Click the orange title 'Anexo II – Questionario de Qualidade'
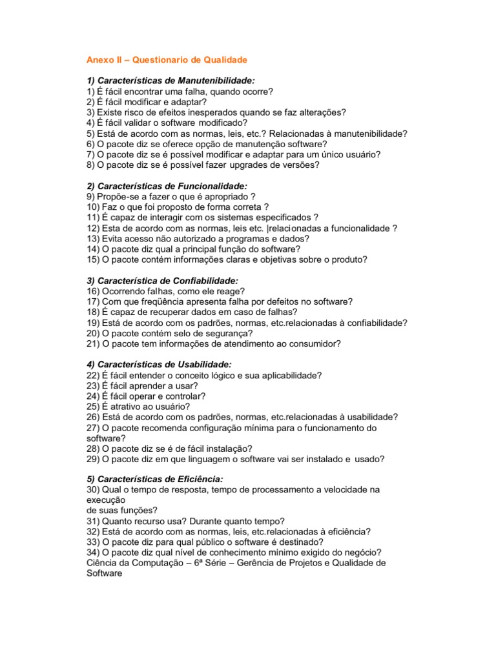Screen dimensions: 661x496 pos(167,59)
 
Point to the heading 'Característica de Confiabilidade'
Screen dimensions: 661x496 pos(162,281)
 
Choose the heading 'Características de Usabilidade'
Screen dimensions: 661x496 pos(158,365)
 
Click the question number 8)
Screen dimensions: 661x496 pos(92,165)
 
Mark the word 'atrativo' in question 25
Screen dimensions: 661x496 pos(129,407)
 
